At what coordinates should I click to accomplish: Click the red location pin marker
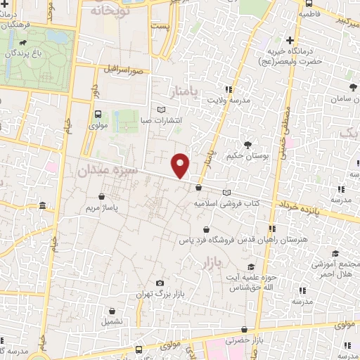[x=181, y=165]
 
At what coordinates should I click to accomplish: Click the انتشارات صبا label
[x=162, y=120]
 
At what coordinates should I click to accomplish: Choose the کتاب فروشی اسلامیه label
[x=227, y=202]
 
